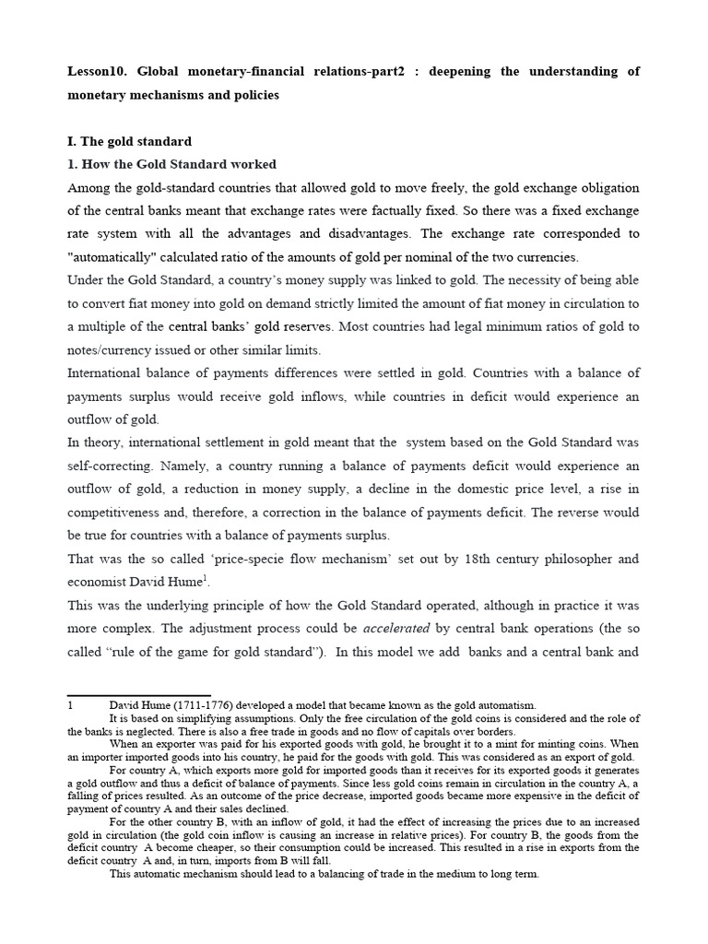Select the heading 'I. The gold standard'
pos(130,141)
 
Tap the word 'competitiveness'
pos(117,512)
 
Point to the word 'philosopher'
pos(584,559)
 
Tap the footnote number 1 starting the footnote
pos(71,705)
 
